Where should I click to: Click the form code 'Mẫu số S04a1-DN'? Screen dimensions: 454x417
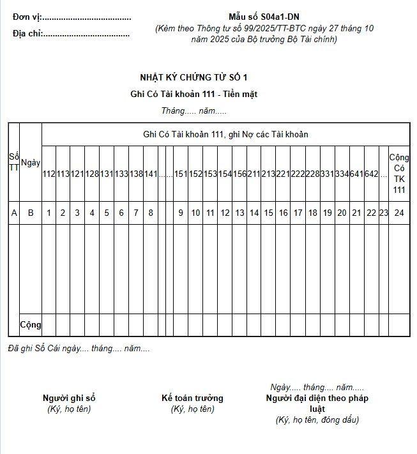pyautogui.click(x=264, y=17)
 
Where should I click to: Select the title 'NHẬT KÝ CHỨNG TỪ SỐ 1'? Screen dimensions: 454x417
pyautogui.click(x=193, y=78)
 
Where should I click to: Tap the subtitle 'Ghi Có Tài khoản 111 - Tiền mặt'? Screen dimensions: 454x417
pyautogui.click(x=193, y=95)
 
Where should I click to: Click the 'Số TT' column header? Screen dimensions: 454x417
pyautogui.click(x=14, y=163)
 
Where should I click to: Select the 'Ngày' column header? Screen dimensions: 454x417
pyautogui.click(x=31, y=163)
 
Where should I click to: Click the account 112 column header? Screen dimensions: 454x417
pyautogui.click(x=49, y=174)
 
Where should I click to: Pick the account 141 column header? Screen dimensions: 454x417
pyautogui.click(x=151, y=174)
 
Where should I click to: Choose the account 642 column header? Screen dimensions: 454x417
pyautogui.click(x=372, y=174)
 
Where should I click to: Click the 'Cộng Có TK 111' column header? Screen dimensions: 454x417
pyautogui.click(x=399, y=173)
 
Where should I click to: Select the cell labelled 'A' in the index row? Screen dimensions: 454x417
pyautogui.click(x=14, y=213)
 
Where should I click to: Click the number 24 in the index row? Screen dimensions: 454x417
pyautogui.click(x=399, y=213)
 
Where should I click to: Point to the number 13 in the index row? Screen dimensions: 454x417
pyautogui.click(x=239, y=213)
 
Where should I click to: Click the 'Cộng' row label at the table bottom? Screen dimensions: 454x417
pyautogui.click(x=31, y=324)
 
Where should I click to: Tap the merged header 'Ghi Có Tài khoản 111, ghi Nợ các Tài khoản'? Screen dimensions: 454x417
pyautogui.click(x=225, y=134)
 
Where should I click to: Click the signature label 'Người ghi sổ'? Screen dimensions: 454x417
pyautogui.click(x=69, y=398)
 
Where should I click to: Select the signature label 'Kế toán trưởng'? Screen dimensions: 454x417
pyautogui.click(x=192, y=398)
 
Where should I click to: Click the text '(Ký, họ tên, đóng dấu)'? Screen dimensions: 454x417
pyautogui.click(x=317, y=420)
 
